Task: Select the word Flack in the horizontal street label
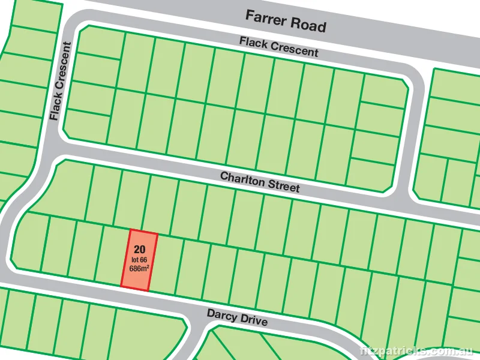[253, 43]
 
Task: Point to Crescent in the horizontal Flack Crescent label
[293, 50]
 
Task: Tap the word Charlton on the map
[244, 180]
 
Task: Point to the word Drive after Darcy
[253, 320]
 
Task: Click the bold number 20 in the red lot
[141, 249]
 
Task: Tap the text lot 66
[139, 259]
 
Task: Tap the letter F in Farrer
[250, 16]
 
